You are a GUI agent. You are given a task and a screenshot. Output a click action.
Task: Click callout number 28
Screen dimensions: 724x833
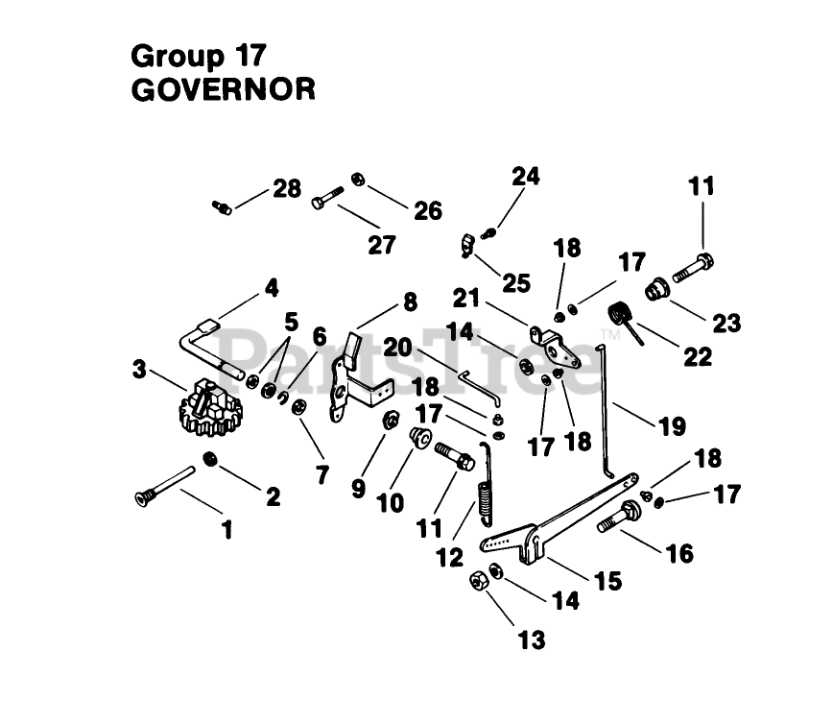point(286,188)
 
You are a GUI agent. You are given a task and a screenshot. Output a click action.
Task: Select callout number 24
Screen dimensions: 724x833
point(525,177)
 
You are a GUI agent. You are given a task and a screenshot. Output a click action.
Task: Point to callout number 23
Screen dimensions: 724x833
point(726,322)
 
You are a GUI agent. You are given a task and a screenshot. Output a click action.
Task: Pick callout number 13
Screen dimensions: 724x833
point(532,639)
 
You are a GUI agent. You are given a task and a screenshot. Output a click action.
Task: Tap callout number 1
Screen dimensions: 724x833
point(226,528)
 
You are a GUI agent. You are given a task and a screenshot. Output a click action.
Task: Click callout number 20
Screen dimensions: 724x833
point(397,346)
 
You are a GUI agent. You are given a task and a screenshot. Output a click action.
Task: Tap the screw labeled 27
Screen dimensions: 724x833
point(328,202)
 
